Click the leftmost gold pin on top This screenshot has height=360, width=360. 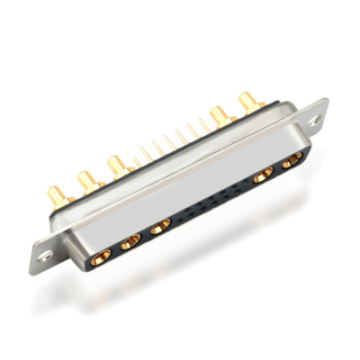(x=56, y=192)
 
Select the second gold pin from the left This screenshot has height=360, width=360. (x=85, y=179)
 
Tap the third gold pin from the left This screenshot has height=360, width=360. (x=116, y=165)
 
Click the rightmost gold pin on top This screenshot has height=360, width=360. (x=246, y=99)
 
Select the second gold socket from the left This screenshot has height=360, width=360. (x=130, y=239)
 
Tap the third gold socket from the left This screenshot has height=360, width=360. (x=160, y=227)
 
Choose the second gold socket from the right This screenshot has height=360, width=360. (x=265, y=176)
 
